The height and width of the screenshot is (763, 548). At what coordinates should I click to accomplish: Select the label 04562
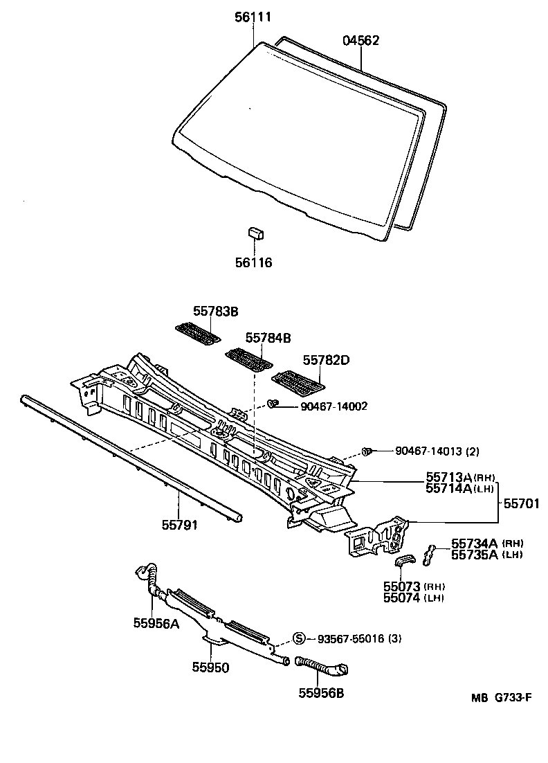point(360,41)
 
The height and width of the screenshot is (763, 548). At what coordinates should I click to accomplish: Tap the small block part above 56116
point(255,233)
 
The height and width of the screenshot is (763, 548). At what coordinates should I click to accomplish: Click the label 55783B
point(215,312)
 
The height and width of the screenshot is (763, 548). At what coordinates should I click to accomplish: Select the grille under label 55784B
point(248,359)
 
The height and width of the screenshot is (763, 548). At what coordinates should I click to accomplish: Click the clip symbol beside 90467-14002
point(273,403)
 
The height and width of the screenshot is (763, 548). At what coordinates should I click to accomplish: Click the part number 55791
point(180,526)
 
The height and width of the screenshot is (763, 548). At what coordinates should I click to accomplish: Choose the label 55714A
point(448,488)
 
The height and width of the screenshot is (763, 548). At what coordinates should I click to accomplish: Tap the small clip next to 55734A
point(430,551)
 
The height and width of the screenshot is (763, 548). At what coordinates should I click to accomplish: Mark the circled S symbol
point(300,638)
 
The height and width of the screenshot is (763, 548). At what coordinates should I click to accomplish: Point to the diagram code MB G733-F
point(500,697)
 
